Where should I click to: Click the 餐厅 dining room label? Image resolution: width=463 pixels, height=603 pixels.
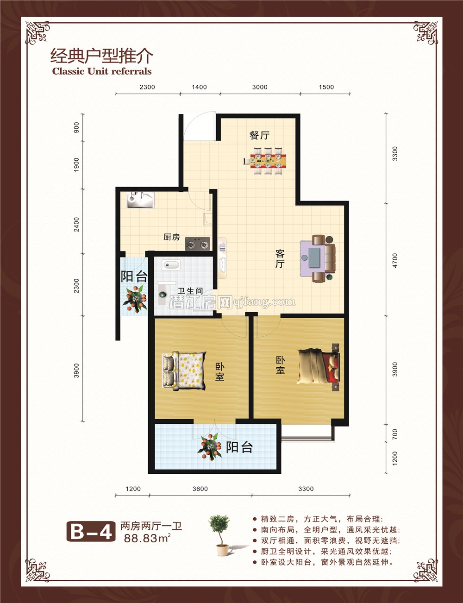(259, 135)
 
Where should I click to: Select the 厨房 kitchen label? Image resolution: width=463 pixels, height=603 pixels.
(171, 237)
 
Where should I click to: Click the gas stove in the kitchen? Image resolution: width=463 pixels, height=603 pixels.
(198, 244)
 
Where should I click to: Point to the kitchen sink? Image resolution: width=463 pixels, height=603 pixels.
(140, 200)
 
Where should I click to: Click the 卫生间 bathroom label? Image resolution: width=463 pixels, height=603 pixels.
(190, 291)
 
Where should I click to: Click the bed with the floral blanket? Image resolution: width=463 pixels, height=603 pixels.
(184, 371)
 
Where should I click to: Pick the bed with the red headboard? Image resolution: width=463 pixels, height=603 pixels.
(319, 367)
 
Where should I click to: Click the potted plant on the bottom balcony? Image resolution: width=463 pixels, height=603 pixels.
(210, 447)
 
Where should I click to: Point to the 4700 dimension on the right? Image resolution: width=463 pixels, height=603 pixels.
(395, 260)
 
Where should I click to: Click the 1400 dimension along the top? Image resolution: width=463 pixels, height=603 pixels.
(199, 87)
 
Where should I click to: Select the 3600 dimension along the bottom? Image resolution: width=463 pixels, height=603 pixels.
(200, 489)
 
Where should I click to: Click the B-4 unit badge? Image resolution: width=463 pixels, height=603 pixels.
(91, 531)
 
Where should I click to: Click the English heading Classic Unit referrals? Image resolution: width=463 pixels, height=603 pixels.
(102, 71)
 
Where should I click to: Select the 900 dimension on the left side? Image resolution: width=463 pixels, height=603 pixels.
(76, 127)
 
